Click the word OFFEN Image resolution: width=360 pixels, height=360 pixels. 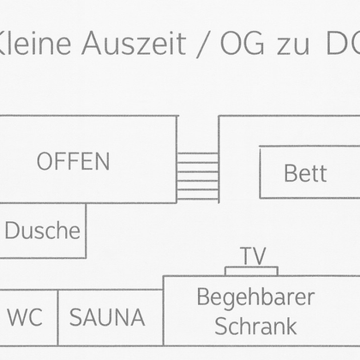(x=73, y=161)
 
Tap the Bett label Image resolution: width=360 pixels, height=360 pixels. (x=305, y=173)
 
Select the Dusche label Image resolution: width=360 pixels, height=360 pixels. (x=43, y=231)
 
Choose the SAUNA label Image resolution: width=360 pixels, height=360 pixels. (x=107, y=317)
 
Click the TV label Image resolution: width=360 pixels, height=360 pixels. (x=252, y=255)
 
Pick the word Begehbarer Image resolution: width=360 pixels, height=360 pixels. (x=255, y=297)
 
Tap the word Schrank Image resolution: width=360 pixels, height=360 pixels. (x=255, y=326)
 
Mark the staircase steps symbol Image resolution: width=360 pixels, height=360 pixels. (x=197, y=176)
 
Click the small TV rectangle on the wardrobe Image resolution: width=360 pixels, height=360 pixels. (x=251, y=271)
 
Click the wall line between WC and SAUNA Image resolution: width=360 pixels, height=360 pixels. (x=57, y=317)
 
